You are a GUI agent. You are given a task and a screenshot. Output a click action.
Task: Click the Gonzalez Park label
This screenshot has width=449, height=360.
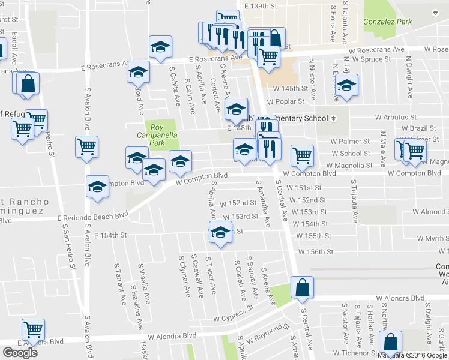click(387, 22)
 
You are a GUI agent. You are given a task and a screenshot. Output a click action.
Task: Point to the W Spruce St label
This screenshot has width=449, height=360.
click(371, 59)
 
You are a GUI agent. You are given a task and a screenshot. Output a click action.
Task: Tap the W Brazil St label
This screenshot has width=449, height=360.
click(418, 128)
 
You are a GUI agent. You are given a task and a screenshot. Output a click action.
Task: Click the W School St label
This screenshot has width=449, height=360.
click(351, 154)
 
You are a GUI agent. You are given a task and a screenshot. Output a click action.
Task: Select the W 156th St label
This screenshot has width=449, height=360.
click(312, 251)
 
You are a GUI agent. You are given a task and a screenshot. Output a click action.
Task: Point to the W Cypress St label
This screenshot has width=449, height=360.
click(231, 314)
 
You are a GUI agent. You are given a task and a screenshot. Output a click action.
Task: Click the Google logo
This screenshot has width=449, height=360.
click(20, 353)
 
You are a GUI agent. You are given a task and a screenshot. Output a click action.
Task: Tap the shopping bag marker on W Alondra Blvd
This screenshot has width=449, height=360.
click(301, 288)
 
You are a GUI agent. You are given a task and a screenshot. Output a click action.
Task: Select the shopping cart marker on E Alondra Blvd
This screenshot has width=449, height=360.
click(33, 329)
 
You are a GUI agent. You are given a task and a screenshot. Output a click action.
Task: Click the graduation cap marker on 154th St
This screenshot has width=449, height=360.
click(220, 233)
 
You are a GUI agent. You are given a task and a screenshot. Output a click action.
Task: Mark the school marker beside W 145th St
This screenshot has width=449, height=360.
click(346, 85)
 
